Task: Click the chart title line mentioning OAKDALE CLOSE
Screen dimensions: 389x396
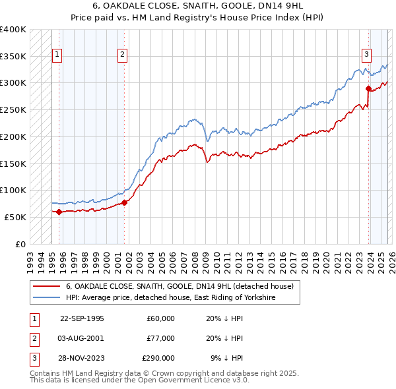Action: [197, 6]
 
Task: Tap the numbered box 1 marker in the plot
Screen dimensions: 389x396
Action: [57, 55]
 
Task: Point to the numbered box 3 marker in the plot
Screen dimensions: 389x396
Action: [366, 55]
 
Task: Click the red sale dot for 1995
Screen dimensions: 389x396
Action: [59, 212]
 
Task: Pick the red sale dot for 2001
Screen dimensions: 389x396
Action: [125, 202]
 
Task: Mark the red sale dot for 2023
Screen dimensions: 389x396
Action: [368, 88]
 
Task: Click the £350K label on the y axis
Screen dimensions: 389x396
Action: [13, 57]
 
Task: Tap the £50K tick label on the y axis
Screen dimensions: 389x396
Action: [15, 217]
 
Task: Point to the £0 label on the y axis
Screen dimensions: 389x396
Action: [20, 244]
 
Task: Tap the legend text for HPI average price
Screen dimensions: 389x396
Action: [170, 298]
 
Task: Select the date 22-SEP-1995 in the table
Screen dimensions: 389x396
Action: [82, 318]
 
